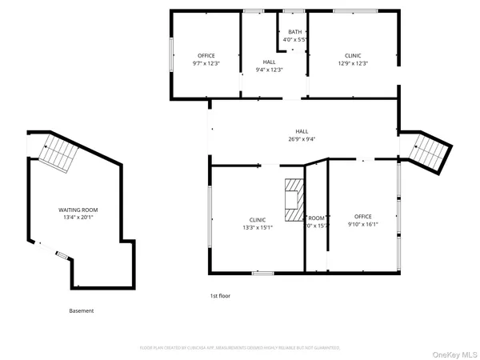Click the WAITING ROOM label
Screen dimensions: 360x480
click(x=78, y=210)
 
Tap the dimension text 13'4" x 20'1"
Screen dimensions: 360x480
click(x=78, y=217)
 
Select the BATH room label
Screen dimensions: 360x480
click(x=294, y=32)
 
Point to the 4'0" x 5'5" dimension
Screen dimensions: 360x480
click(x=294, y=39)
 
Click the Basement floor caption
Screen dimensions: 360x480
click(x=81, y=310)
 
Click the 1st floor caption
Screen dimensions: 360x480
click(x=220, y=296)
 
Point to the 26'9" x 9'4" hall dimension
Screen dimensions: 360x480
click(x=302, y=139)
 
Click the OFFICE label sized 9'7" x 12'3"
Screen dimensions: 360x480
click(x=206, y=55)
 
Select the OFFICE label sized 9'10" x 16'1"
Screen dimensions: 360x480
click(x=364, y=217)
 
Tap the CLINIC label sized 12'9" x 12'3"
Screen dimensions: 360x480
click(x=353, y=55)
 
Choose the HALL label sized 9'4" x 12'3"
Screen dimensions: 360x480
click(x=270, y=62)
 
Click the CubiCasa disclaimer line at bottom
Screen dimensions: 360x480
click(x=240, y=348)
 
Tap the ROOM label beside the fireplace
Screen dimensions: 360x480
click(x=318, y=218)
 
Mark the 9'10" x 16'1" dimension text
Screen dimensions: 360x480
click(x=364, y=225)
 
